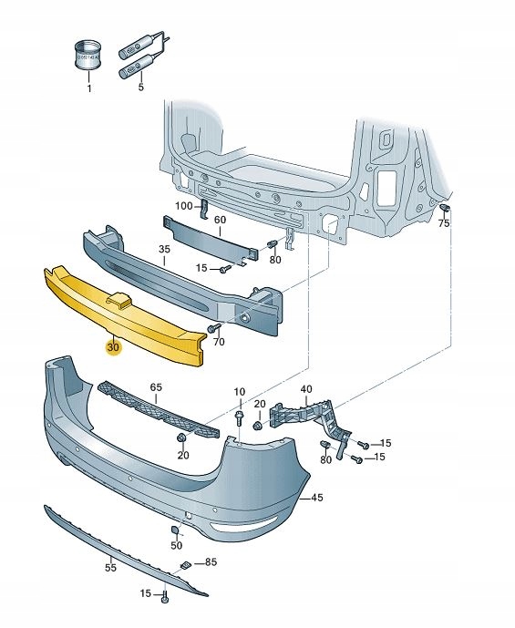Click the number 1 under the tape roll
coord(89,88)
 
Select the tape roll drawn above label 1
coord(89,56)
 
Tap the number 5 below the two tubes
coord(141,88)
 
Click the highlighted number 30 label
coord(113,347)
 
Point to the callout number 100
coord(184,207)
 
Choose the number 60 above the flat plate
coord(220,220)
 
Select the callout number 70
coord(218,342)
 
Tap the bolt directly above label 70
coord(213,326)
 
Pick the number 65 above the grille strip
coord(156,387)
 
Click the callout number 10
coord(239,393)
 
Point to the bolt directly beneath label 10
coord(239,417)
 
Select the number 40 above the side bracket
coord(305,388)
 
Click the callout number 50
coord(177,546)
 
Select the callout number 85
coord(211,562)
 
